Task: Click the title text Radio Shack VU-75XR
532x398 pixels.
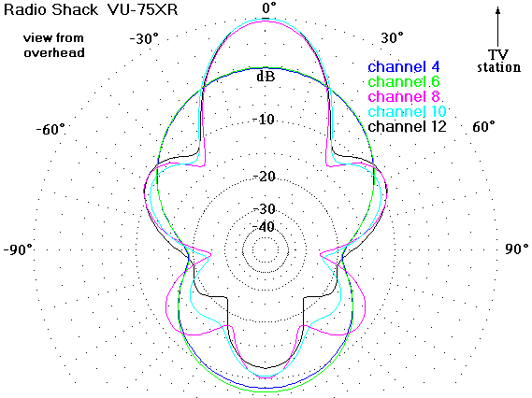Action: [x=91, y=9]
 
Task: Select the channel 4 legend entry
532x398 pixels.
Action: [x=404, y=66]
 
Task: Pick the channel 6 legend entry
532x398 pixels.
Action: [x=404, y=81]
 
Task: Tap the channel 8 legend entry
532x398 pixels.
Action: [x=404, y=96]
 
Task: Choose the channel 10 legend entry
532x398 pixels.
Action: [x=407, y=111]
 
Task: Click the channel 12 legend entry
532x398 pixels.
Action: [x=407, y=126]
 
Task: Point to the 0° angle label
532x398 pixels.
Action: [x=269, y=7]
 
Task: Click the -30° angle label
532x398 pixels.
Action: [x=144, y=38]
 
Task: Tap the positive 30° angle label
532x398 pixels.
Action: [x=392, y=37]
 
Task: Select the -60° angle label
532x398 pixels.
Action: [x=50, y=129]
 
